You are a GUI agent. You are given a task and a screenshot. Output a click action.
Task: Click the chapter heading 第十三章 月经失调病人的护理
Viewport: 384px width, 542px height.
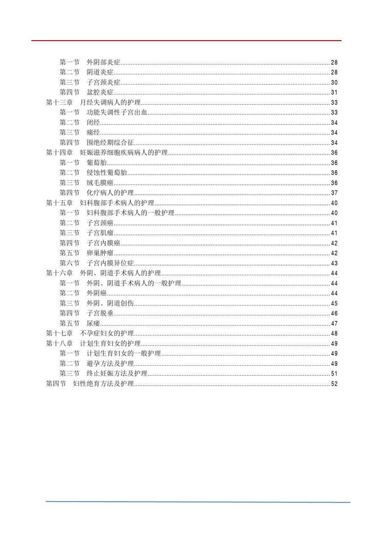point(93,102)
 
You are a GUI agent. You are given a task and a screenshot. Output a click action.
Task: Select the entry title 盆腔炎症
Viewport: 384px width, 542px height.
point(100,92)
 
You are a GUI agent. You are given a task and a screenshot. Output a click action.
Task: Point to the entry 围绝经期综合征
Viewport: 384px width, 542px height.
point(110,143)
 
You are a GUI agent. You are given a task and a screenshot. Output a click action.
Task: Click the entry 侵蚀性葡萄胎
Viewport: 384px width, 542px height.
point(107,173)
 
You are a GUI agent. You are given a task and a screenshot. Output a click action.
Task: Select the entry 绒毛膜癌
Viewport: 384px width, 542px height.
point(100,183)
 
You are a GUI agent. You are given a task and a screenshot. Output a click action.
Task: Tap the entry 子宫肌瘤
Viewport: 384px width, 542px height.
point(100,233)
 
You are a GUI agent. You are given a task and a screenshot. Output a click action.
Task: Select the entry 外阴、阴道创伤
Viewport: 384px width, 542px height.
point(110,303)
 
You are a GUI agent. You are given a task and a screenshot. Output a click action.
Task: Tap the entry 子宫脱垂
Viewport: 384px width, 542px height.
point(100,313)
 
